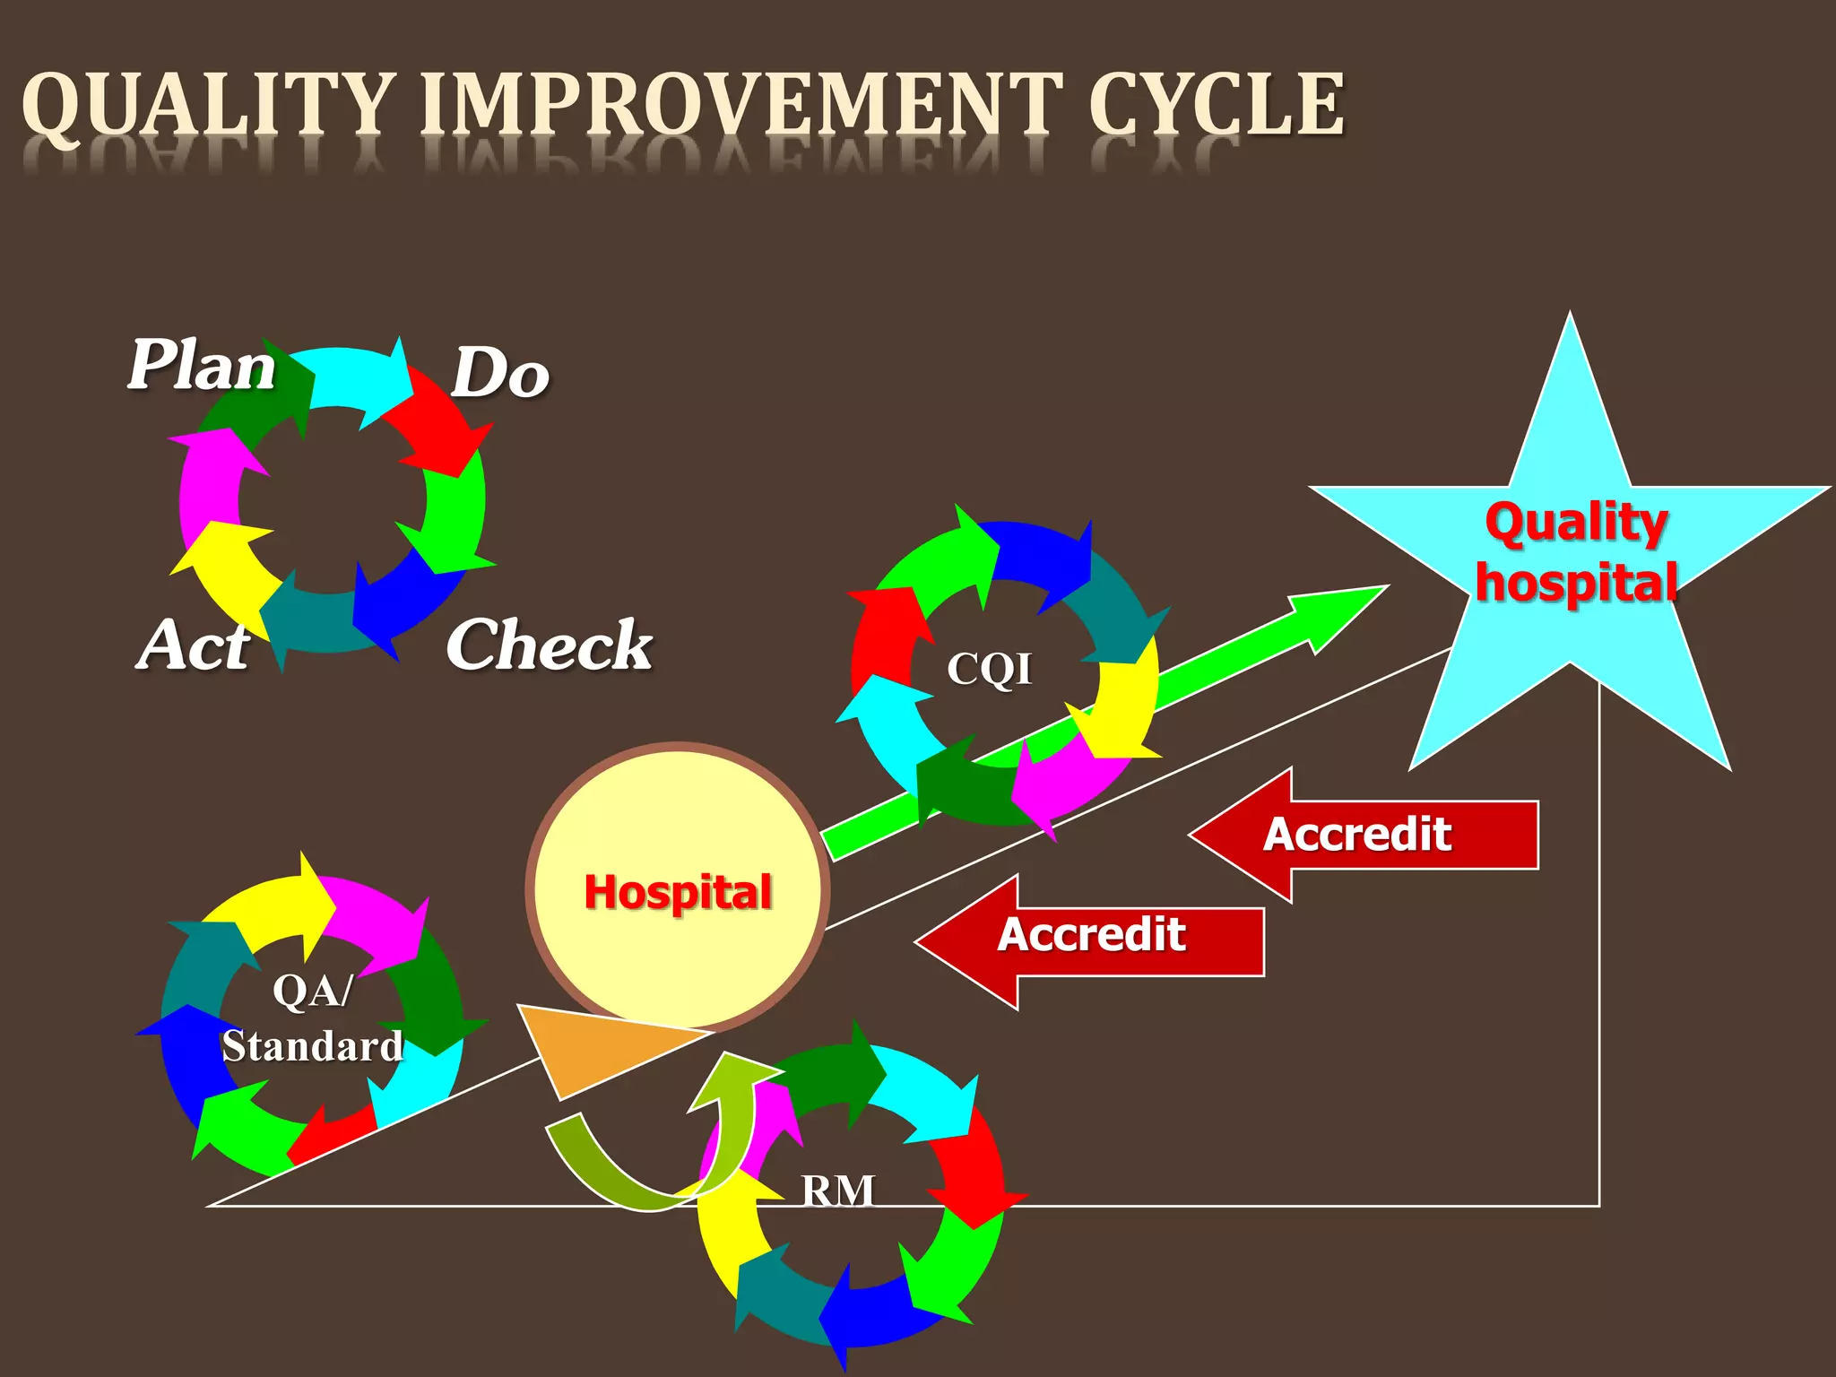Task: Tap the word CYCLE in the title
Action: pyautogui.click(x=1217, y=106)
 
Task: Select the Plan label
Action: pyautogui.click(x=202, y=366)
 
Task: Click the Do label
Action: pyautogui.click(x=499, y=373)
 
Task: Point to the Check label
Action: pyautogui.click(x=549, y=645)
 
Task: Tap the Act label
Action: pyautogui.click(x=194, y=645)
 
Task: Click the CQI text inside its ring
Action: pyautogui.click(x=990, y=669)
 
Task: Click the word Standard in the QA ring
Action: pyautogui.click(x=313, y=1046)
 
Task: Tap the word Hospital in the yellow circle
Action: pyautogui.click(x=678, y=893)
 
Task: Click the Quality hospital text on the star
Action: pyautogui.click(x=1576, y=552)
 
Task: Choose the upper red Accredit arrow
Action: pyautogui.click(x=1363, y=835)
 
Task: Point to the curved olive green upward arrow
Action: pyautogui.click(x=628, y=1165)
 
